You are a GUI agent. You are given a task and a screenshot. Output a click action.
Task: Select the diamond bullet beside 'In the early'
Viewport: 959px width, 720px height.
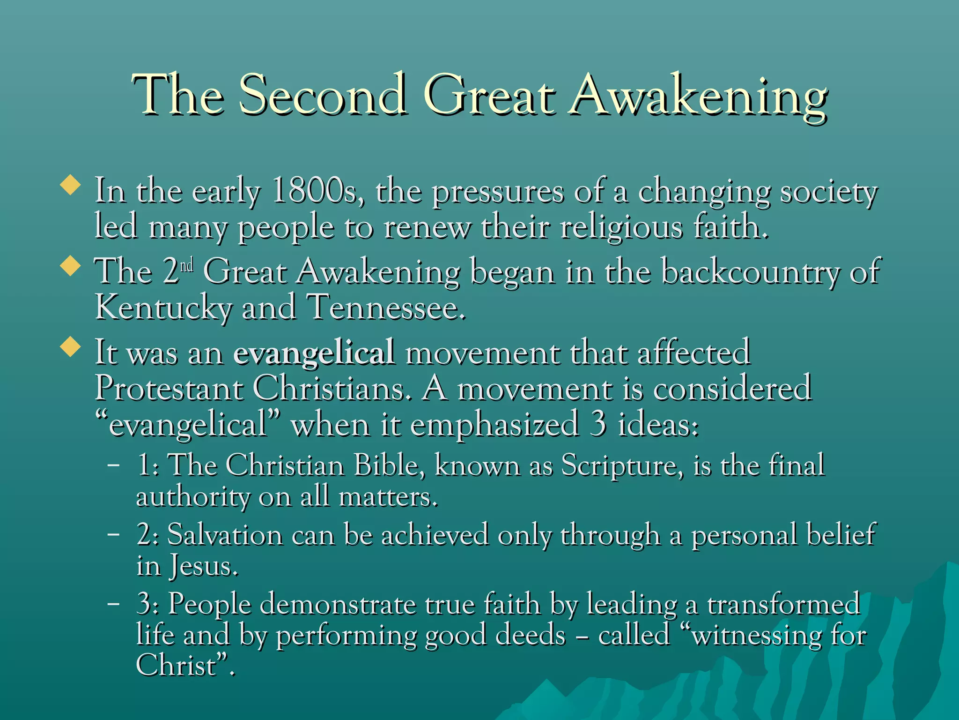click(71, 185)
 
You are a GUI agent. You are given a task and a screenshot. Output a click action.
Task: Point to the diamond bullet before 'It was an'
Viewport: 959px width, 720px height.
click(71, 346)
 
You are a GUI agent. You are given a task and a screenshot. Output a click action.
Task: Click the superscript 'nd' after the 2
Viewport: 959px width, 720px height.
click(187, 266)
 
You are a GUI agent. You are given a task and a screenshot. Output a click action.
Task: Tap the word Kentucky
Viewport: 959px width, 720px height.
click(163, 308)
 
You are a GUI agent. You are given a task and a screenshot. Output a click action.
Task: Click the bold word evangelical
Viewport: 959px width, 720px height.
click(314, 352)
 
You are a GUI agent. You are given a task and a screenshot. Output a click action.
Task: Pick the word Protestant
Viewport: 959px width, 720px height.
click(169, 389)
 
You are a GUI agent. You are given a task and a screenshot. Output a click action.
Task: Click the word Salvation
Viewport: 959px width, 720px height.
click(225, 535)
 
